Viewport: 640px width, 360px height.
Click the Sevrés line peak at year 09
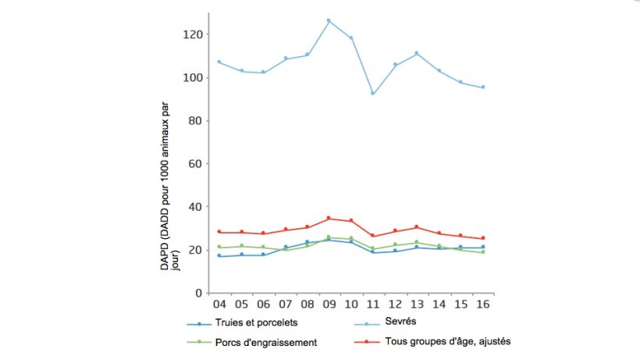329,20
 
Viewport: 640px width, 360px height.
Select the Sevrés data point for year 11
373,94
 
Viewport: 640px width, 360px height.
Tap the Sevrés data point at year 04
219,62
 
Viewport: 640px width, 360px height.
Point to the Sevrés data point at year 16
483,87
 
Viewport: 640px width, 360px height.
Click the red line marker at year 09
329,218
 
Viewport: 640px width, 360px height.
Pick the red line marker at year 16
483,238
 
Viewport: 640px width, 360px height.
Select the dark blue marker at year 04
219,255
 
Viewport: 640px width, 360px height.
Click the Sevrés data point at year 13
417,53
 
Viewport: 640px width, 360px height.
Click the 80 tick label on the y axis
196,121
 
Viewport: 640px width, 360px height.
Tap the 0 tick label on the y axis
199,293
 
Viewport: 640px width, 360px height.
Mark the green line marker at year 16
483,252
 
